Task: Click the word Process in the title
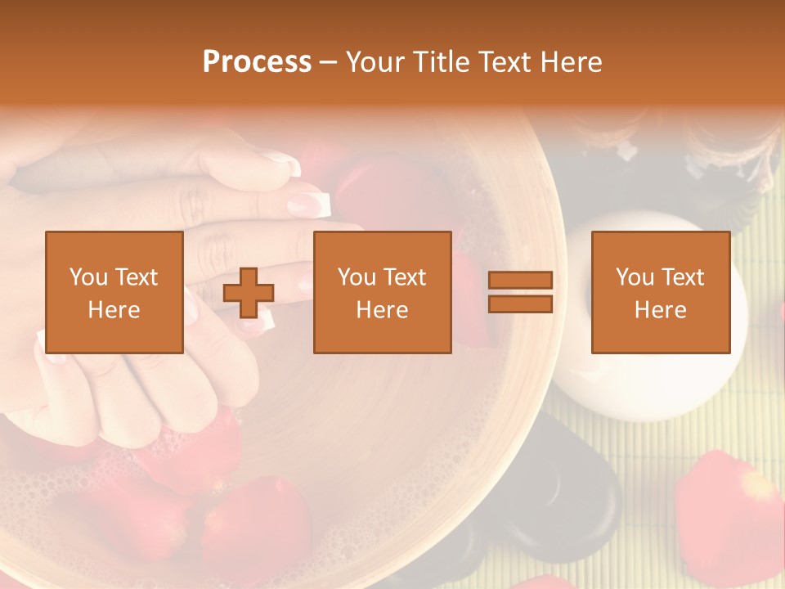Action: pyautogui.click(x=257, y=62)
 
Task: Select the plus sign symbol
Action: pyautogui.click(x=249, y=293)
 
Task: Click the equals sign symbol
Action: pyautogui.click(x=520, y=292)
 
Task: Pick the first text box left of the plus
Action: pyautogui.click(x=114, y=292)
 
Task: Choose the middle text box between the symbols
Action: pyautogui.click(x=382, y=292)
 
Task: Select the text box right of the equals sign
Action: pyautogui.click(x=660, y=292)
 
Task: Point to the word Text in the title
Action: pyautogui.click(x=505, y=62)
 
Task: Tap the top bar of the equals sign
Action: pyautogui.click(x=520, y=280)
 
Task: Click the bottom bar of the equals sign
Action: pyautogui.click(x=520, y=304)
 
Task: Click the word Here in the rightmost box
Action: pyautogui.click(x=660, y=310)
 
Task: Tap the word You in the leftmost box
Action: pyautogui.click(x=87, y=277)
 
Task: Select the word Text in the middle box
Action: pyautogui.click(x=406, y=277)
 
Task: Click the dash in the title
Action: pyautogui.click(x=328, y=62)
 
